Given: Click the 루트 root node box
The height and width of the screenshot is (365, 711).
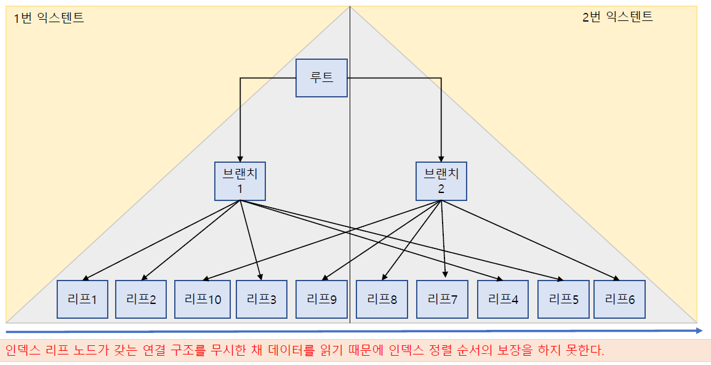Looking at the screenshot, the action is coord(321,78).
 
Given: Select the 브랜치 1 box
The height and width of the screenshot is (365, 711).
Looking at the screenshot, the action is coord(240,181).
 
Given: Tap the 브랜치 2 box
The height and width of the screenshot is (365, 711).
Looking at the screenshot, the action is coord(441,181).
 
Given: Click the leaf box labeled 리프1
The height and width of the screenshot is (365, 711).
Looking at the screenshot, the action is coord(82,300).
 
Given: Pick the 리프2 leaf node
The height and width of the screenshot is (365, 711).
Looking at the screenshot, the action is coord(141,300).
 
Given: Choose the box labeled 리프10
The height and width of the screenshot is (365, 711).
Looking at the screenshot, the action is coord(203,300).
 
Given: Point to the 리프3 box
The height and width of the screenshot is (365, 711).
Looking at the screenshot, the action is coord(262,300).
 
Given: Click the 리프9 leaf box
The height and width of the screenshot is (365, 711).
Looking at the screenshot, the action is coord(321,300).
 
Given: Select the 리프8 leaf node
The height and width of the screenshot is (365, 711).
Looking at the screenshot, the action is coord(382,300).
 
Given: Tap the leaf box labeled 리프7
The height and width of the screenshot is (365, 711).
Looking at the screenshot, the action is coord(443,300).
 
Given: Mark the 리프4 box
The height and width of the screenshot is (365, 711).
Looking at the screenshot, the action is coord(503,300).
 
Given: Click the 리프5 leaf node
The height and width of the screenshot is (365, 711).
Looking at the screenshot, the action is coord(563,300).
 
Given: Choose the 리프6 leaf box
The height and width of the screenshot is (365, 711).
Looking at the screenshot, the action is coord(619,300).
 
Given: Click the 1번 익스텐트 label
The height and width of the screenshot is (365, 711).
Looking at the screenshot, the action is coord(49,18).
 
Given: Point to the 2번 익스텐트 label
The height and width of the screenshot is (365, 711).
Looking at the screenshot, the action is coord(617,17).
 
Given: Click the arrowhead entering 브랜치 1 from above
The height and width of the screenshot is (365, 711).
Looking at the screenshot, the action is coord(240,158).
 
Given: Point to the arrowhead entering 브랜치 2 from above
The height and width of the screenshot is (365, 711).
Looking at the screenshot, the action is coord(441,158).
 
